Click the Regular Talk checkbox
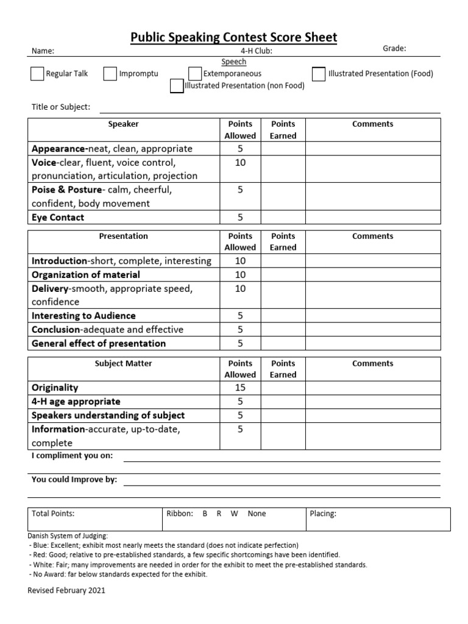37,74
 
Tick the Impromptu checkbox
110,74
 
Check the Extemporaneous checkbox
195,74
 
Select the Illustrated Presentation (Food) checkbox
319,74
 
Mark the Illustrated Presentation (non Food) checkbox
177,86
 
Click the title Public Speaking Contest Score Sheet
233,38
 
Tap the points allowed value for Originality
240,388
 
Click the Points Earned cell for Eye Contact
283,218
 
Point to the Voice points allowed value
240,163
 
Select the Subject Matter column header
123,364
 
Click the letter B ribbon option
205,514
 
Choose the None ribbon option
257,514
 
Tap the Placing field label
323,514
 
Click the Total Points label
53,514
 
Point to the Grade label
394,49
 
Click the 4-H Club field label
257,51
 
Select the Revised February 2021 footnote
66,590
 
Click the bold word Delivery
51,288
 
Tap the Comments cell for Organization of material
372,275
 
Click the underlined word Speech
233,62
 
